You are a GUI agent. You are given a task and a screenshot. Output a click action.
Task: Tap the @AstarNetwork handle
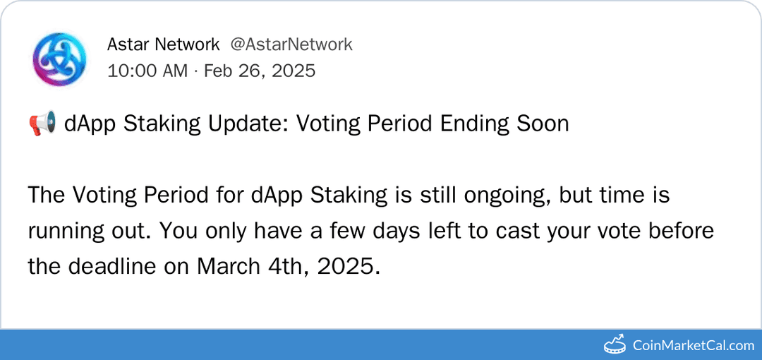tap(291, 44)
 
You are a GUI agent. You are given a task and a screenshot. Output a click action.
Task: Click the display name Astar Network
tap(163, 44)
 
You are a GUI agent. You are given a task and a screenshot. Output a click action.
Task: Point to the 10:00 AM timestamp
tap(147, 71)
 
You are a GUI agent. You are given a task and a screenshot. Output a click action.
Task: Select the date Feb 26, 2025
tap(260, 71)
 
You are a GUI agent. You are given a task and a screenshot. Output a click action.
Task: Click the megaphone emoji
tap(42, 124)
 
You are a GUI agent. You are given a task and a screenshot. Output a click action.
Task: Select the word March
tap(229, 268)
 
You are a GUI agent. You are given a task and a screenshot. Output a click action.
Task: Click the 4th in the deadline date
tap(288, 268)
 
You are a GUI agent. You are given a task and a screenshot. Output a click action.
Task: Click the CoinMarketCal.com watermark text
tap(693, 345)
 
